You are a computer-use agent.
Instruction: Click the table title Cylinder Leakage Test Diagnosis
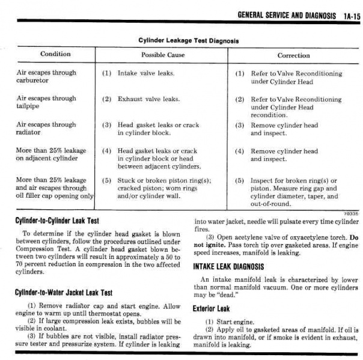(x=188, y=41)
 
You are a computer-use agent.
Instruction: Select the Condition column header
(x=55, y=54)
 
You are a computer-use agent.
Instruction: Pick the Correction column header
(x=294, y=55)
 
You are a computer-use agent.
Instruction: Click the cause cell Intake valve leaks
(x=146, y=73)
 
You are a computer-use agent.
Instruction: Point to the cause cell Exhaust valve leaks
(x=148, y=99)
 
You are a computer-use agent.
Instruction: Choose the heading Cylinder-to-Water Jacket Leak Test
(x=63, y=293)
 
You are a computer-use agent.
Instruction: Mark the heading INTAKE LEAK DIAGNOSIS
(x=236, y=266)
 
